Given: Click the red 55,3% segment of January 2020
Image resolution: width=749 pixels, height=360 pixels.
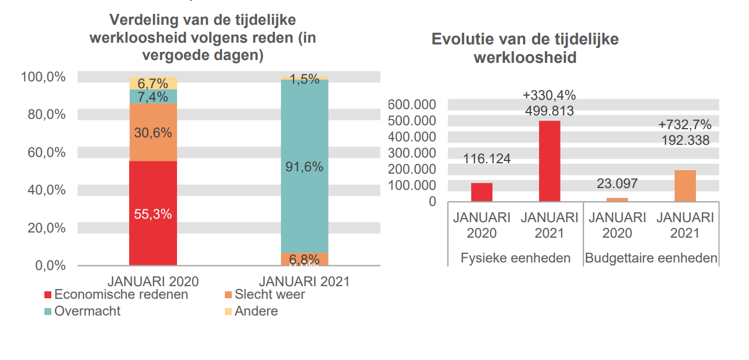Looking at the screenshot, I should (153, 213).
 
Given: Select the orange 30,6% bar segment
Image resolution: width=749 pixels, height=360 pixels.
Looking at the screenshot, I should (153, 133).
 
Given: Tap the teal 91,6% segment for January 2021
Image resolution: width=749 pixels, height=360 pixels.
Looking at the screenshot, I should (304, 167).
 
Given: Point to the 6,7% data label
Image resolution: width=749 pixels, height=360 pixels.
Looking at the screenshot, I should (153, 84).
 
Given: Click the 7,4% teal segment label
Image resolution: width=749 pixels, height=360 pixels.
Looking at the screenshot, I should (153, 97).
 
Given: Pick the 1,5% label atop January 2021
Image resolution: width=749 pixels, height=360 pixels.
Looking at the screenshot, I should (304, 80).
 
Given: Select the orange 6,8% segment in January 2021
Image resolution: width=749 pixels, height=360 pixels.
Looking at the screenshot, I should (304, 259).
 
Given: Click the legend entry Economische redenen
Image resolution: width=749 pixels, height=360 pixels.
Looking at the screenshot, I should (121, 295).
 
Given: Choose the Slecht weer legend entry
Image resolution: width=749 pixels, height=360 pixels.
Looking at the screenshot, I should (269, 295).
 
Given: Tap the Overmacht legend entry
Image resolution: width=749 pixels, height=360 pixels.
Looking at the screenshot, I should (87, 312).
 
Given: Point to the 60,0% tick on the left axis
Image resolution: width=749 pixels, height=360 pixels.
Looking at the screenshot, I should (43, 152).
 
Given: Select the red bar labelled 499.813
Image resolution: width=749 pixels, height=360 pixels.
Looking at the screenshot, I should (549, 162).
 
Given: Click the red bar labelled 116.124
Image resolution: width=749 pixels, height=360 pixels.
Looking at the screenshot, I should (481, 192).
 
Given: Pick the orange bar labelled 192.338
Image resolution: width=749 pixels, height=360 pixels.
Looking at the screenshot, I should (685, 186).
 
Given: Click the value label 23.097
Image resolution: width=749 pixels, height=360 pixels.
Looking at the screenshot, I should (617, 184).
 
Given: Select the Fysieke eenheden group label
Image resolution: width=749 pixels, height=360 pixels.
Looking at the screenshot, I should (515, 258).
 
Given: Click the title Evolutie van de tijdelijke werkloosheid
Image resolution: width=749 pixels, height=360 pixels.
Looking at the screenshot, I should (525, 48).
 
